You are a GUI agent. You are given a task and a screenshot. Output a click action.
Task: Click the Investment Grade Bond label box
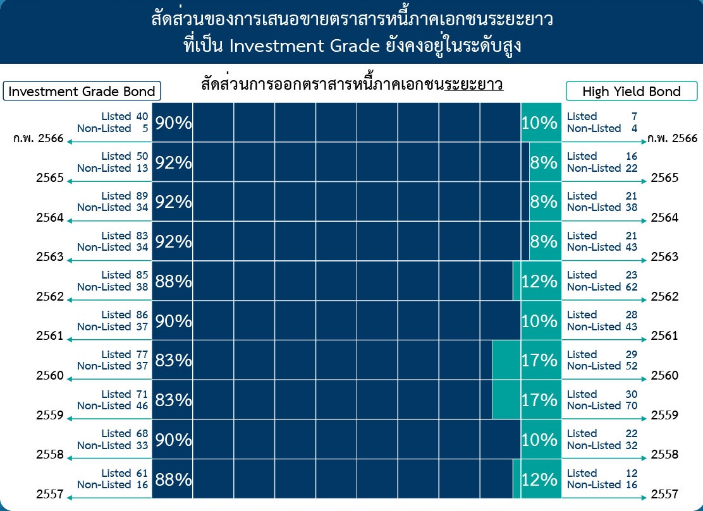tap(82, 91)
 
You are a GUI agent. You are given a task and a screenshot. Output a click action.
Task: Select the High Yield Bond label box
tap(632, 91)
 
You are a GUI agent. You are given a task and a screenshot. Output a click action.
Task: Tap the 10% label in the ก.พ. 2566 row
tap(539, 123)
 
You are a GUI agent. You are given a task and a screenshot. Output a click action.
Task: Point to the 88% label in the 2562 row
tap(173, 281)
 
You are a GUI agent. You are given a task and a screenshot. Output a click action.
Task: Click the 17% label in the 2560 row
tap(539, 360)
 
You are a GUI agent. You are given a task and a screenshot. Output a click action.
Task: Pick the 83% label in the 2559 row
tap(173, 400)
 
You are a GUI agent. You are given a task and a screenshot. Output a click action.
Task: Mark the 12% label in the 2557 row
tap(539, 479)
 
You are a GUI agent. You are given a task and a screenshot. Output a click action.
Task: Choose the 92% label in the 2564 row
tap(173, 202)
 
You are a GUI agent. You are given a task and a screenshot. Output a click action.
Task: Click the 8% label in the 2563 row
tap(544, 242)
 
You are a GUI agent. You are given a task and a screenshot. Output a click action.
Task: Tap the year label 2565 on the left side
tap(50, 177)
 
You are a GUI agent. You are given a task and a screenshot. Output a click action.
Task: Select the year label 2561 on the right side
tap(664, 335)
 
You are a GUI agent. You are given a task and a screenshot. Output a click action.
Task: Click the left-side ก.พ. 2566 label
tap(39, 138)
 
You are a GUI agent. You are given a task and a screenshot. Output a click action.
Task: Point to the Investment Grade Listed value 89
tap(142, 196)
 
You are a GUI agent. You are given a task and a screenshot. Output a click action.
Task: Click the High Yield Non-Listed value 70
tap(632, 406)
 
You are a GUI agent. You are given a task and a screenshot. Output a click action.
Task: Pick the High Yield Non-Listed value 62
tap(632, 287)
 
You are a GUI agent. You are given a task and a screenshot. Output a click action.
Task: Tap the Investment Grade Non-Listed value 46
tap(142, 406)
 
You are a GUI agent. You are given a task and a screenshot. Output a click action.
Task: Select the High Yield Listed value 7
tap(634, 116)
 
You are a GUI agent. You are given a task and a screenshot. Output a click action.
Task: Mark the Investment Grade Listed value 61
tap(142, 473)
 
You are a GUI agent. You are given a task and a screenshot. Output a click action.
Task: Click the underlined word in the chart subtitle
tap(474, 85)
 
